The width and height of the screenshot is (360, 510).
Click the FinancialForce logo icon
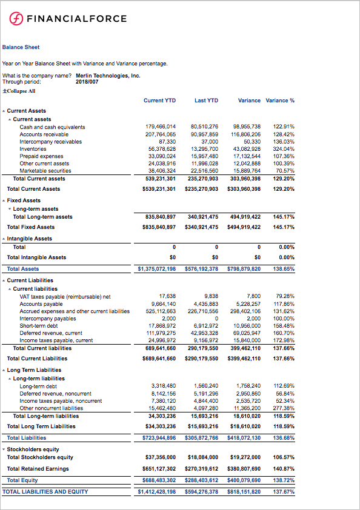pyautogui.click(x=16, y=19)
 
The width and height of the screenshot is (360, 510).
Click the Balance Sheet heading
pyautogui.click(x=21, y=47)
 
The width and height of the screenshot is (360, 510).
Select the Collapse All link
pyautogui.click(x=19, y=91)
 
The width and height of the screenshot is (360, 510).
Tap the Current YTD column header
pyautogui.click(x=159, y=101)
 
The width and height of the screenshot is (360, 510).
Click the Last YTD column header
pyautogui.click(x=206, y=101)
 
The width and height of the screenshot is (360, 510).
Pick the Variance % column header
pyautogui.click(x=280, y=101)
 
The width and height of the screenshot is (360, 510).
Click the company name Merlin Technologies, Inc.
pyautogui.click(x=108, y=76)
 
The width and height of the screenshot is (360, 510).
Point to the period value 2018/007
pyautogui.click(x=87, y=81)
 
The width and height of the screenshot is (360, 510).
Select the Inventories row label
pyautogui.click(x=33, y=148)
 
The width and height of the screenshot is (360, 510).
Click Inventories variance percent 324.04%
pyautogui.click(x=284, y=148)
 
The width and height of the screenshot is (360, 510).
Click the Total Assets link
pyautogui.click(x=23, y=268)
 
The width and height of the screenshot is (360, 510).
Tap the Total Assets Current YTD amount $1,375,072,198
pyautogui.click(x=157, y=268)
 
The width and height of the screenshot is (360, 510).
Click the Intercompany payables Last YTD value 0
pyautogui.click(x=216, y=318)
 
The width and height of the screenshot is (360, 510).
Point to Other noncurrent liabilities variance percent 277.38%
pyautogui.click(x=284, y=408)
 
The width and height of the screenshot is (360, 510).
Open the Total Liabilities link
pyautogui.click(x=26, y=437)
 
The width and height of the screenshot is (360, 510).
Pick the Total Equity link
pyautogui.click(x=22, y=480)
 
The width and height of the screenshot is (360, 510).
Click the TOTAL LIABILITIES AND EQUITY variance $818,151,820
pyautogui.click(x=244, y=492)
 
